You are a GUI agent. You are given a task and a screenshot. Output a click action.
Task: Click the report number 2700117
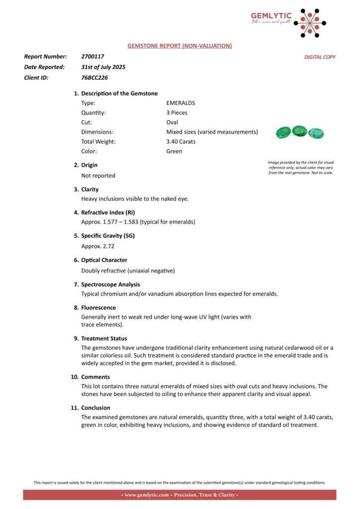(x=93, y=57)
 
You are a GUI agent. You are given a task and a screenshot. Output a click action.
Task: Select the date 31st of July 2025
(x=103, y=67)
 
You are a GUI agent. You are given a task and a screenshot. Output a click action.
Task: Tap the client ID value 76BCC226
(x=94, y=77)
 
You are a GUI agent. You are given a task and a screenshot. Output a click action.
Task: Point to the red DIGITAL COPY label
(x=320, y=57)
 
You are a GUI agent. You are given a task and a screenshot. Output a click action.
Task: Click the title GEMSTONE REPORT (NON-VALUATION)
(x=180, y=45)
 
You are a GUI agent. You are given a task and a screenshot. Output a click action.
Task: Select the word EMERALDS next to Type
(x=180, y=103)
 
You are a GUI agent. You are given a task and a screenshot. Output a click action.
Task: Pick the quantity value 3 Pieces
(x=177, y=113)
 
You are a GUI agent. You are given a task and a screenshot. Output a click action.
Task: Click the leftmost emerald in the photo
(x=283, y=132)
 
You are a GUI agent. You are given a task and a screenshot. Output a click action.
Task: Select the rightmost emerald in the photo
(x=316, y=133)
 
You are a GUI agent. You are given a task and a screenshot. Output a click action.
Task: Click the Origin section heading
(x=89, y=165)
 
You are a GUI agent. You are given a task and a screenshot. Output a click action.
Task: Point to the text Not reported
(x=98, y=176)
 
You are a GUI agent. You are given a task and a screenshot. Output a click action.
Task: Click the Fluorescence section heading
(x=98, y=307)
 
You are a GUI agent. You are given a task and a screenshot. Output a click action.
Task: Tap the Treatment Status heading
(x=104, y=338)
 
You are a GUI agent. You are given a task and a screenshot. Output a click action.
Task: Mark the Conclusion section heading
(x=95, y=408)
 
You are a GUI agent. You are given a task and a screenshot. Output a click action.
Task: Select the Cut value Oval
(x=172, y=122)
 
